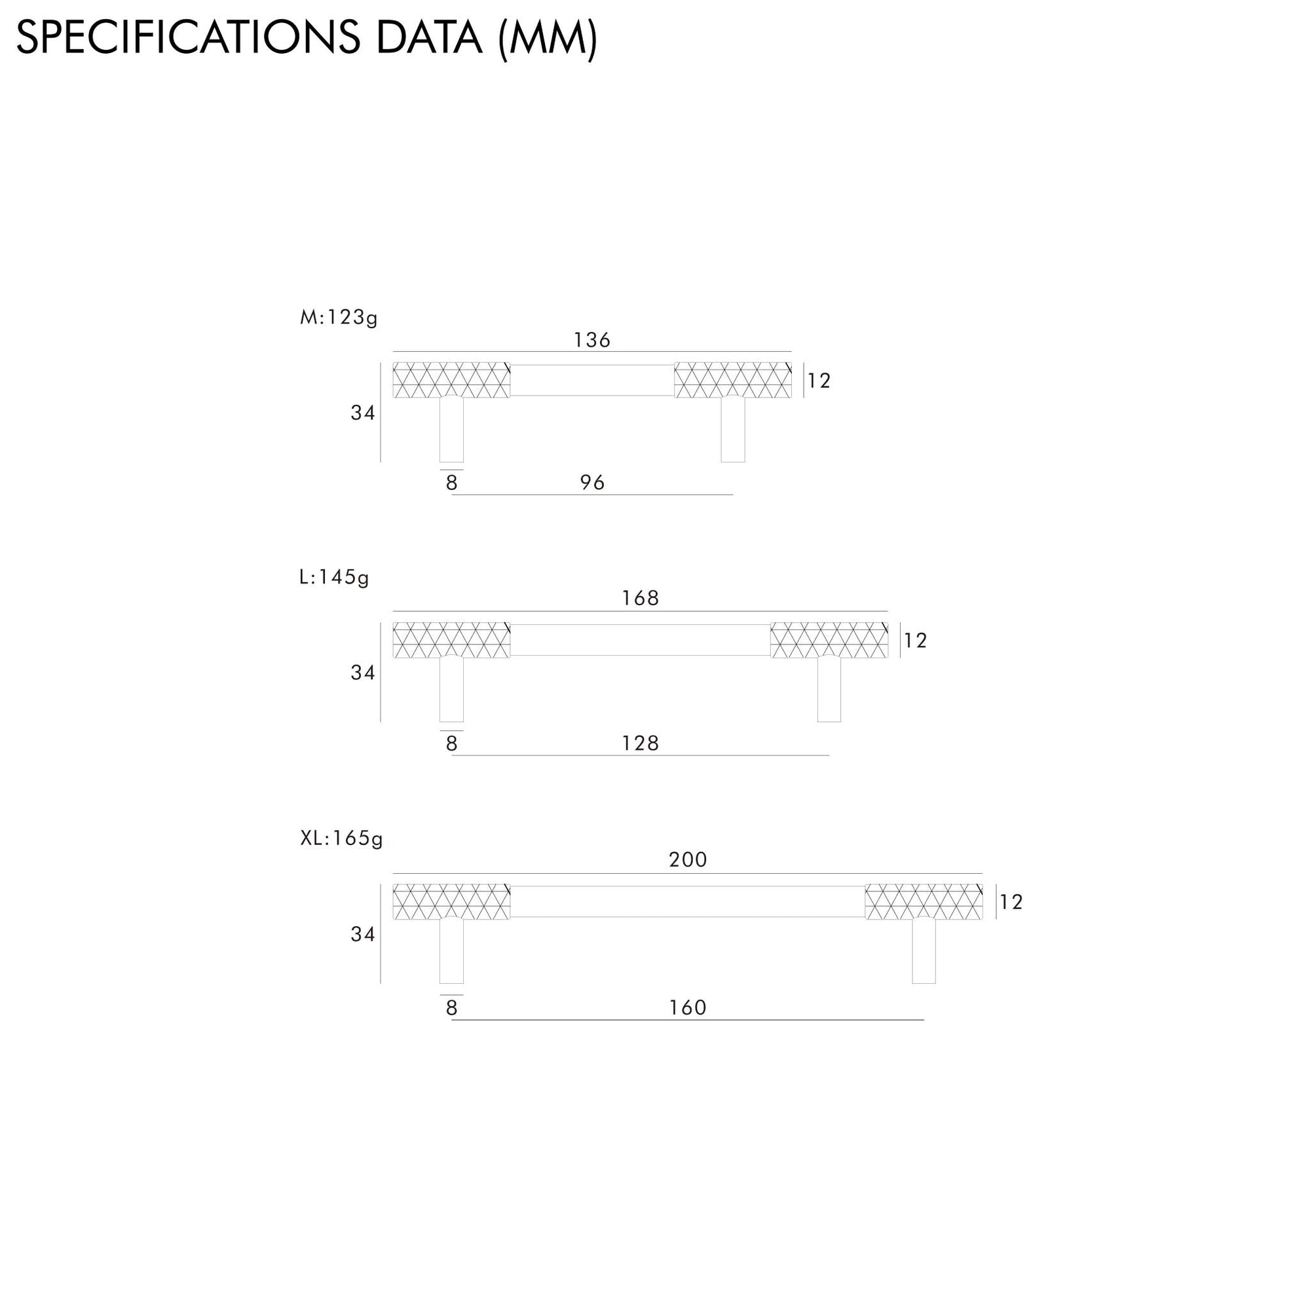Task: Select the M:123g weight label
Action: click(x=339, y=317)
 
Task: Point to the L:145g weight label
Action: click(x=334, y=577)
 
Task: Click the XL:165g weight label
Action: click(x=341, y=839)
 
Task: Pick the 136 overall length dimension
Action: click(x=592, y=340)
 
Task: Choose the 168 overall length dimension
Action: click(x=640, y=598)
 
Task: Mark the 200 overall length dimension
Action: click(x=688, y=860)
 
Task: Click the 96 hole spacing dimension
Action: click(x=592, y=483)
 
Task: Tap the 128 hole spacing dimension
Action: click(x=640, y=744)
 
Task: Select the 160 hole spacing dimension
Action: click(x=688, y=1007)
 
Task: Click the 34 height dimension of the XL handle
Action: click(x=363, y=935)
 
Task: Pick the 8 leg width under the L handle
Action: click(x=451, y=744)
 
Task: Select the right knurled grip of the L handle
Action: click(x=829, y=641)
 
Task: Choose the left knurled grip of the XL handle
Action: click(x=451, y=902)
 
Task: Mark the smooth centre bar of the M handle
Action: click(x=592, y=381)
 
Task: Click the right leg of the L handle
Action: click(x=829, y=690)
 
